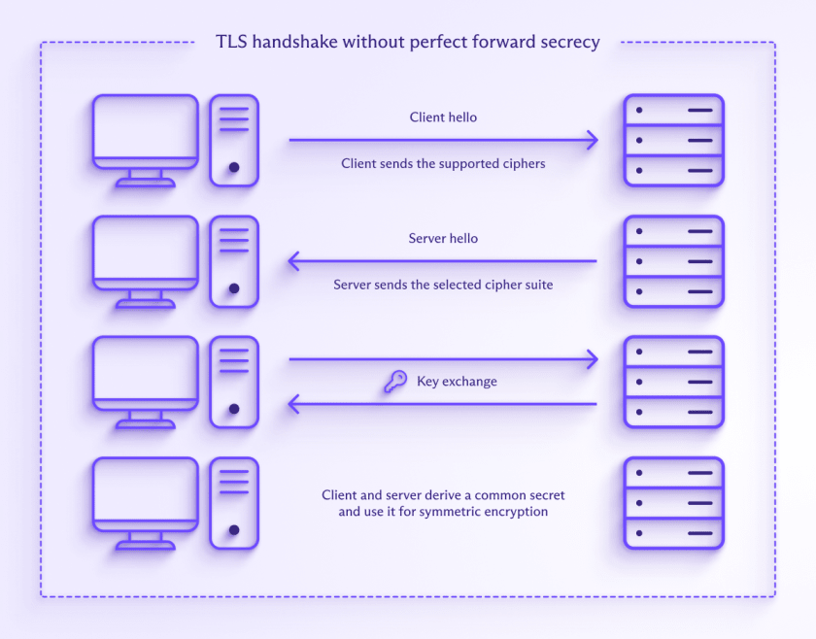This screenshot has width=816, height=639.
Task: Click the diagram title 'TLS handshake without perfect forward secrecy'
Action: (x=407, y=42)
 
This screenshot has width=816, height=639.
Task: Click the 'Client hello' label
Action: (x=443, y=117)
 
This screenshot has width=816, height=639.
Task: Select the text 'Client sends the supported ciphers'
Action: (x=443, y=164)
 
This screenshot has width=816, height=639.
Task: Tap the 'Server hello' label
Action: (x=443, y=238)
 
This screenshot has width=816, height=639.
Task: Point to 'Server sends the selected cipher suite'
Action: (x=443, y=286)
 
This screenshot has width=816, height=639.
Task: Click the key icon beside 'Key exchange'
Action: (x=394, y=383)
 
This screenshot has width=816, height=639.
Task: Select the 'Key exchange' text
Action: (x=457, y=382)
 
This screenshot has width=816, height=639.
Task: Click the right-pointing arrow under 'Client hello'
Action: (x=443, y=141)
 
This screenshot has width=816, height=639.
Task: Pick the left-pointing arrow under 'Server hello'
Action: (x=443, y=261)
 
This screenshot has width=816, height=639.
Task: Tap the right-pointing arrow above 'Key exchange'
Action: (x=443, y=360)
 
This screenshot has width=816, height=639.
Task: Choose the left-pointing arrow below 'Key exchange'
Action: (x=443, y=404)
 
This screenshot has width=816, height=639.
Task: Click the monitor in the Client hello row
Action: (x=146, y=131)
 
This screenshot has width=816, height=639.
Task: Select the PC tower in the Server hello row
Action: (x=234, y=261)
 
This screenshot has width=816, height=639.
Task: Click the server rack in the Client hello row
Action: (x=673, y=140)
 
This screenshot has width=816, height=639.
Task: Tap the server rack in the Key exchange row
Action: (x=673, y=382)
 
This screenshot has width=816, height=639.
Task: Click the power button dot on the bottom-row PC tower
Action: (x=234, y=530)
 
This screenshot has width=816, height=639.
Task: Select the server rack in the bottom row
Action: (x=673, y=503)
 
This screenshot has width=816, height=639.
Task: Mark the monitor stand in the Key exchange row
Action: (x=146, y=420)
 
